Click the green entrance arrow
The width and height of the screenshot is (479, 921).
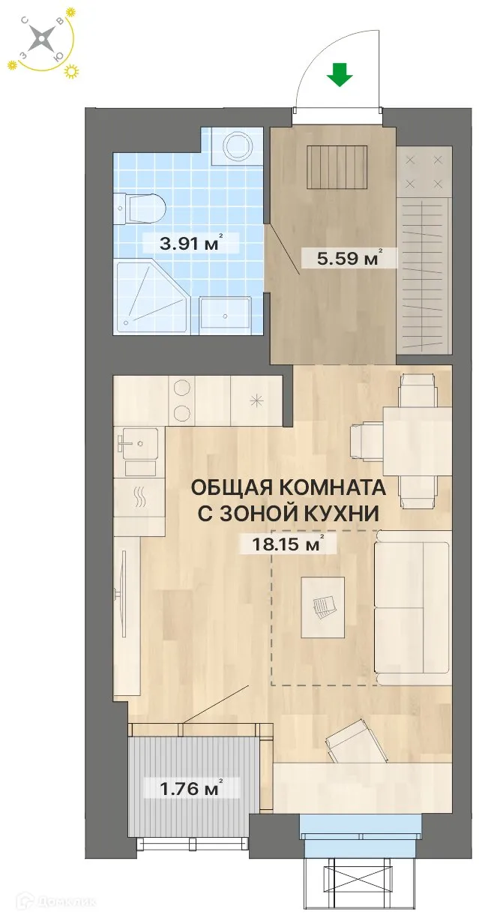(x=340, y=75)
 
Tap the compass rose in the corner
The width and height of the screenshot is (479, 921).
(x=41, y=39)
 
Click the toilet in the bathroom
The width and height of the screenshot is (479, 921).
(x=139, y=207)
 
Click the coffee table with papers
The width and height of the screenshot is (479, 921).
(x=322, y=607)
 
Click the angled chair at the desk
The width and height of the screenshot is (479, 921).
(x=349, y=739)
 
